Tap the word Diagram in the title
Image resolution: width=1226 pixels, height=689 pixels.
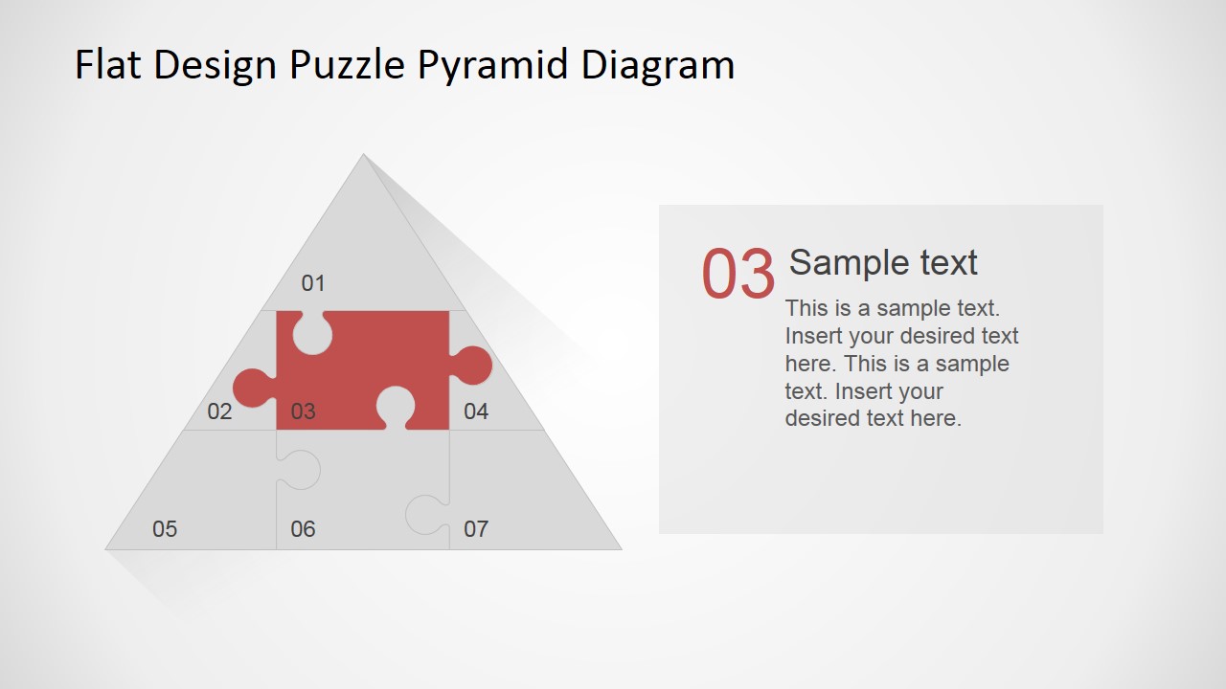coord(658,65)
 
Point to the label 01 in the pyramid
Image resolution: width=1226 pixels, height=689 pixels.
coord(313,283)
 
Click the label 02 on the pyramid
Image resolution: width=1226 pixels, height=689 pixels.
coord(219,411)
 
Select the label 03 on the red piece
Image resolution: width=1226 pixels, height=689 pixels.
coord(303,411)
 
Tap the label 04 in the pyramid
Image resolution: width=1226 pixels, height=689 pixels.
coord(476,411)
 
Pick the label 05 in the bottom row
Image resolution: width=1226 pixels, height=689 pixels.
coord(165,529)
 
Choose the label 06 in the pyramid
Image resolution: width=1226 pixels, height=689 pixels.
coord(303,529)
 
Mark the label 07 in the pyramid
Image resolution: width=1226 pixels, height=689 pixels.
coord(476,529)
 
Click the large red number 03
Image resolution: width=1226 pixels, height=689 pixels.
coord(738,275)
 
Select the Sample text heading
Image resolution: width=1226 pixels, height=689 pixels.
coord(883,262)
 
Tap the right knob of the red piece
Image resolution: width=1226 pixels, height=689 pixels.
coord(472,366)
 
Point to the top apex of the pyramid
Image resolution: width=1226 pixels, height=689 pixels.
coord(363,155)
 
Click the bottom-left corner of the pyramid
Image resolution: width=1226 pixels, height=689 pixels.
coord(107,548)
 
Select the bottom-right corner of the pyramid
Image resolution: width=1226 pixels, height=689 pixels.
coord(620,548)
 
